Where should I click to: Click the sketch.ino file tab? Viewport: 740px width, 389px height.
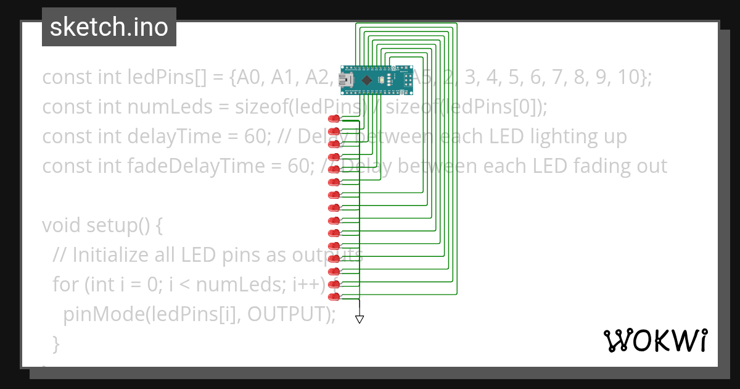tap(109, 27)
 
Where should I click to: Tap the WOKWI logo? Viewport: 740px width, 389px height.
tap(655, 340)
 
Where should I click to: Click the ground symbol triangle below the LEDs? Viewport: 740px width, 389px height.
tap(360, 319)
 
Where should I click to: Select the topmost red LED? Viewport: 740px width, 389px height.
tap(335, 119)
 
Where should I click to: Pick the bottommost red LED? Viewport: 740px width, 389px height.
tap(335, 297)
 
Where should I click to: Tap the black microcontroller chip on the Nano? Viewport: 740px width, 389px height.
tap(368, 80)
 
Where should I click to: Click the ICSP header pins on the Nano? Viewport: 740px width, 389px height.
tap(408, 80)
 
